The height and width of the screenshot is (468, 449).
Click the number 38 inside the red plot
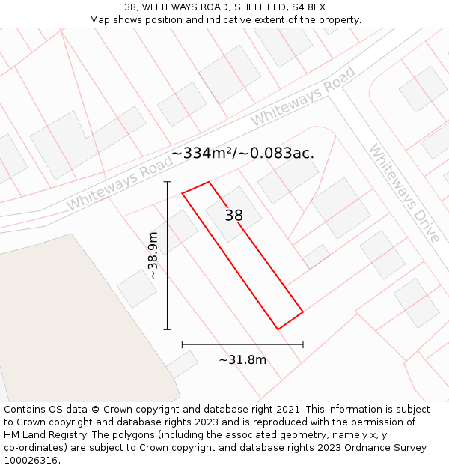pyautogui.click(x=234, y=216)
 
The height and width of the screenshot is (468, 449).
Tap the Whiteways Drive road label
pyautogui.click(x=403, y=192)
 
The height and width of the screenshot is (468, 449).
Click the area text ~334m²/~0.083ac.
pyautogui.click(x=242, y=153)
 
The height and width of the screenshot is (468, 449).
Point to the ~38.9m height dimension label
pyautogui.click(x=153, y=255)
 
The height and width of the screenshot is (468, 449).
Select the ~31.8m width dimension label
pyautogui.click(x=242, y=360)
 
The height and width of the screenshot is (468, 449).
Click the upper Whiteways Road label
pyautogui.click(x=302, y=97)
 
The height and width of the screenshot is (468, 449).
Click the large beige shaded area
pyautogui.click(x=75, y=322)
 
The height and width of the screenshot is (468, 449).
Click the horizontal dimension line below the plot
pyautogui.click(x=242, y=344)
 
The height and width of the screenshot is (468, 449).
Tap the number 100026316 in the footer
pyautogui.click(x=31, y=461)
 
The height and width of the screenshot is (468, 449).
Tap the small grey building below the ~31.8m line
pyautogui.click(x=181, y=365)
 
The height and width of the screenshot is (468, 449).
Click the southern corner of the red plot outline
pyautogui.click(x=278, y=329)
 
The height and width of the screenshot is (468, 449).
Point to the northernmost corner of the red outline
pyautogui.click(x=208, y=181)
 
